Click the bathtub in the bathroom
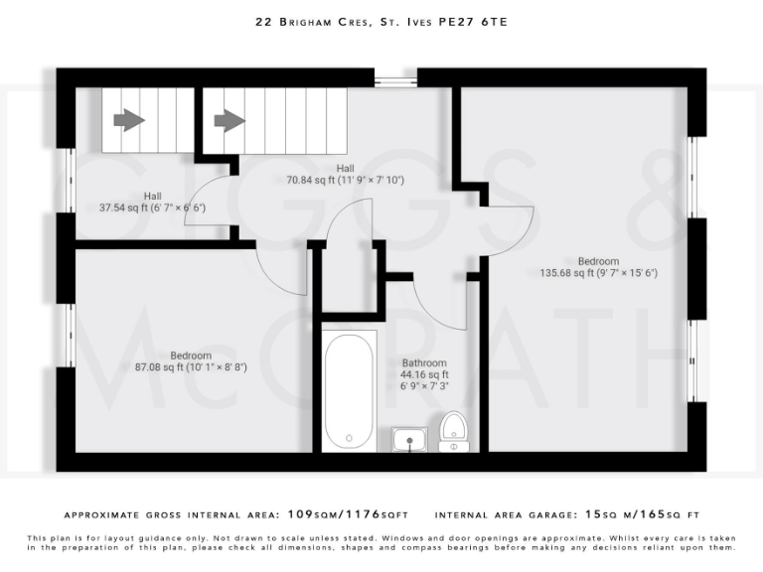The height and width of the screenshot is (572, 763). [x=349, y=389]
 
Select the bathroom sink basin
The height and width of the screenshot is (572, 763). [x=408, y=438]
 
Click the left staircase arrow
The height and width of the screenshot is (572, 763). [x=128, y=120]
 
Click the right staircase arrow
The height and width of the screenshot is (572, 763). [x=229, y=120]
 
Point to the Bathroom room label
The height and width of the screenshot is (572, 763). [x=424, y=362]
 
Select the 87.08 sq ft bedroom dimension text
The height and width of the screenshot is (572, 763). [x=191, y=367]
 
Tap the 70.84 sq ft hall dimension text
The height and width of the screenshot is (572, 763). [x=345, y=181]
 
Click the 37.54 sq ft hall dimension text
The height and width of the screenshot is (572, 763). [x=152, y=209]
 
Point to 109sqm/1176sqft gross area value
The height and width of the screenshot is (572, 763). [x=347, y=515]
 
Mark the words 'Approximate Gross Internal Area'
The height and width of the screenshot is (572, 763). [x=170, y=515]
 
